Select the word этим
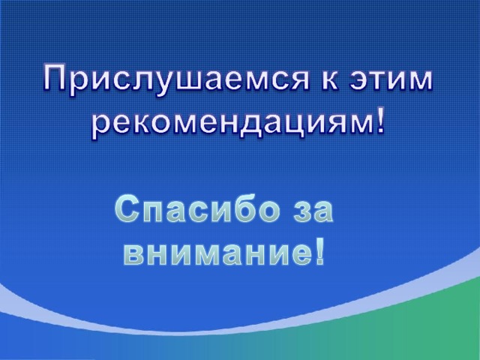point(391,81)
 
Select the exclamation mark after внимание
point(319,251)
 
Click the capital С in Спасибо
point(127,209)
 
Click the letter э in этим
point(359,81)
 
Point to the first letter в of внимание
point(133,254)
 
